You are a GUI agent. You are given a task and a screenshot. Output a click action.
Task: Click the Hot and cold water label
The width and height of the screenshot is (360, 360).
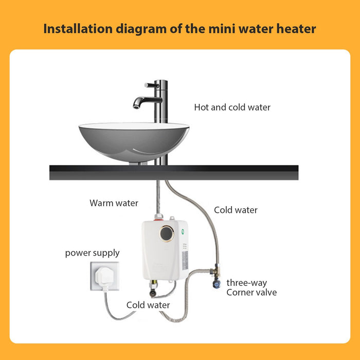(232, 107)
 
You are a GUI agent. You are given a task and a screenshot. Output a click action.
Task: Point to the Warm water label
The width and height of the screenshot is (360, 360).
(114, 203)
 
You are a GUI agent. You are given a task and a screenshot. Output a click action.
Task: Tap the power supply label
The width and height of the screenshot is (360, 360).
(92, 253)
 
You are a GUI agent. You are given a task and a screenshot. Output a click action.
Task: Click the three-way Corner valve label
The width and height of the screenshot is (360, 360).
(251, 288)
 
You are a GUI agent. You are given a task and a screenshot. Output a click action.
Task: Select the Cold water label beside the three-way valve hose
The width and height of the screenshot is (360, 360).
(236, 210)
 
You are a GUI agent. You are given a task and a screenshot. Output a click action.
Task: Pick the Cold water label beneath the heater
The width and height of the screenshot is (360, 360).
(148, 305)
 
